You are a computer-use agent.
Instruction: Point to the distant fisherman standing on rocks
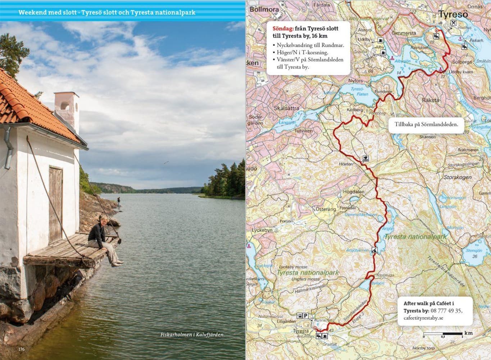pos(118,202)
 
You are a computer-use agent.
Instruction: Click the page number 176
pos(22,349)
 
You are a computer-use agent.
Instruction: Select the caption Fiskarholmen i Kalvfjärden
pos(192,335)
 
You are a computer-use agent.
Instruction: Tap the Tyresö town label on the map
pos(453,15)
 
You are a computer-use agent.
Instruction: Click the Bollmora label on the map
pos(264,9)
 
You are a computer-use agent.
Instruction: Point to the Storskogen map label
pos(458,177)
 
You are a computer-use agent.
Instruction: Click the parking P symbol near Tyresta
pos(306,316)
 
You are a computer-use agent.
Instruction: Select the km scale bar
pos(443,334)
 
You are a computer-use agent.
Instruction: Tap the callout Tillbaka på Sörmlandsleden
pos(426,125)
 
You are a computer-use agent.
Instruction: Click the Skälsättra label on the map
pos(287,108)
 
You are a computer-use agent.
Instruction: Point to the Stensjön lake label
pos(474,251)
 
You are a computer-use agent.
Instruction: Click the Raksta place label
pos(431,100)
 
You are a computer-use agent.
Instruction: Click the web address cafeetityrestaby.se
pos(423,318)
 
